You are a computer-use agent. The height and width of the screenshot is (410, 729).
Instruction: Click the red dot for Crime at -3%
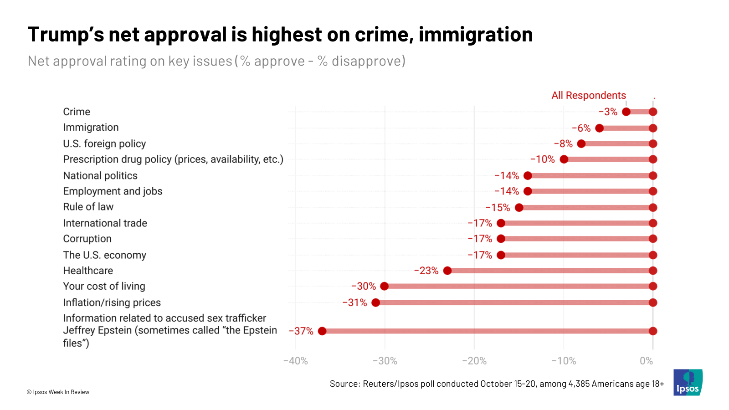point(626,112)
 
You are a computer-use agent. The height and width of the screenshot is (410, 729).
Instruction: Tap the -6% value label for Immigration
point(581,128)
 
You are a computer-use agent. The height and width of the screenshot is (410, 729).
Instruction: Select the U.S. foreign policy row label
point(104,144)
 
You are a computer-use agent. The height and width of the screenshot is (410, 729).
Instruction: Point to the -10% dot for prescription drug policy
point(564,159)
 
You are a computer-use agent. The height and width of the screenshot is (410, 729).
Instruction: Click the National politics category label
point(100,176)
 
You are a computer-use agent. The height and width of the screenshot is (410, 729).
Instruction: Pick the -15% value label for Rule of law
point(498,208)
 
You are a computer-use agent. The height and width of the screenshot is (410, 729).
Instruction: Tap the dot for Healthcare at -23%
point(447,271)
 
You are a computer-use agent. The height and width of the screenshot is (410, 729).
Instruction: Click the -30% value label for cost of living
point(363,287)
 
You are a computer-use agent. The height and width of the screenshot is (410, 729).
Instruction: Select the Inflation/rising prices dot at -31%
point(376,302)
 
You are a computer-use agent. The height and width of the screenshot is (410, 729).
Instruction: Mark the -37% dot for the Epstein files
point(322,331)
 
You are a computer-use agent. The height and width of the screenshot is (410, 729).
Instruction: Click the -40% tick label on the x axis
point(295,361)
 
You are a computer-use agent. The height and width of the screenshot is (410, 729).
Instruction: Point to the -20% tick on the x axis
point(474,361)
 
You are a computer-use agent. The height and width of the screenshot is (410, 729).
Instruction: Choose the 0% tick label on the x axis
point(646,361)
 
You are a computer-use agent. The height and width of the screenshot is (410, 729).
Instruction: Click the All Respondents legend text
point(588,96)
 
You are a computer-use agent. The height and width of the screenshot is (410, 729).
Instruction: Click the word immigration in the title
point(475,35)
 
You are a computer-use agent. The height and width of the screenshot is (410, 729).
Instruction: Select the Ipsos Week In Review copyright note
point(58,392)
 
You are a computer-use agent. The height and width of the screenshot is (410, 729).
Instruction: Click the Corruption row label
point(87,239)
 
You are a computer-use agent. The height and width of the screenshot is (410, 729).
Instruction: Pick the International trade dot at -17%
point(501,223)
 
